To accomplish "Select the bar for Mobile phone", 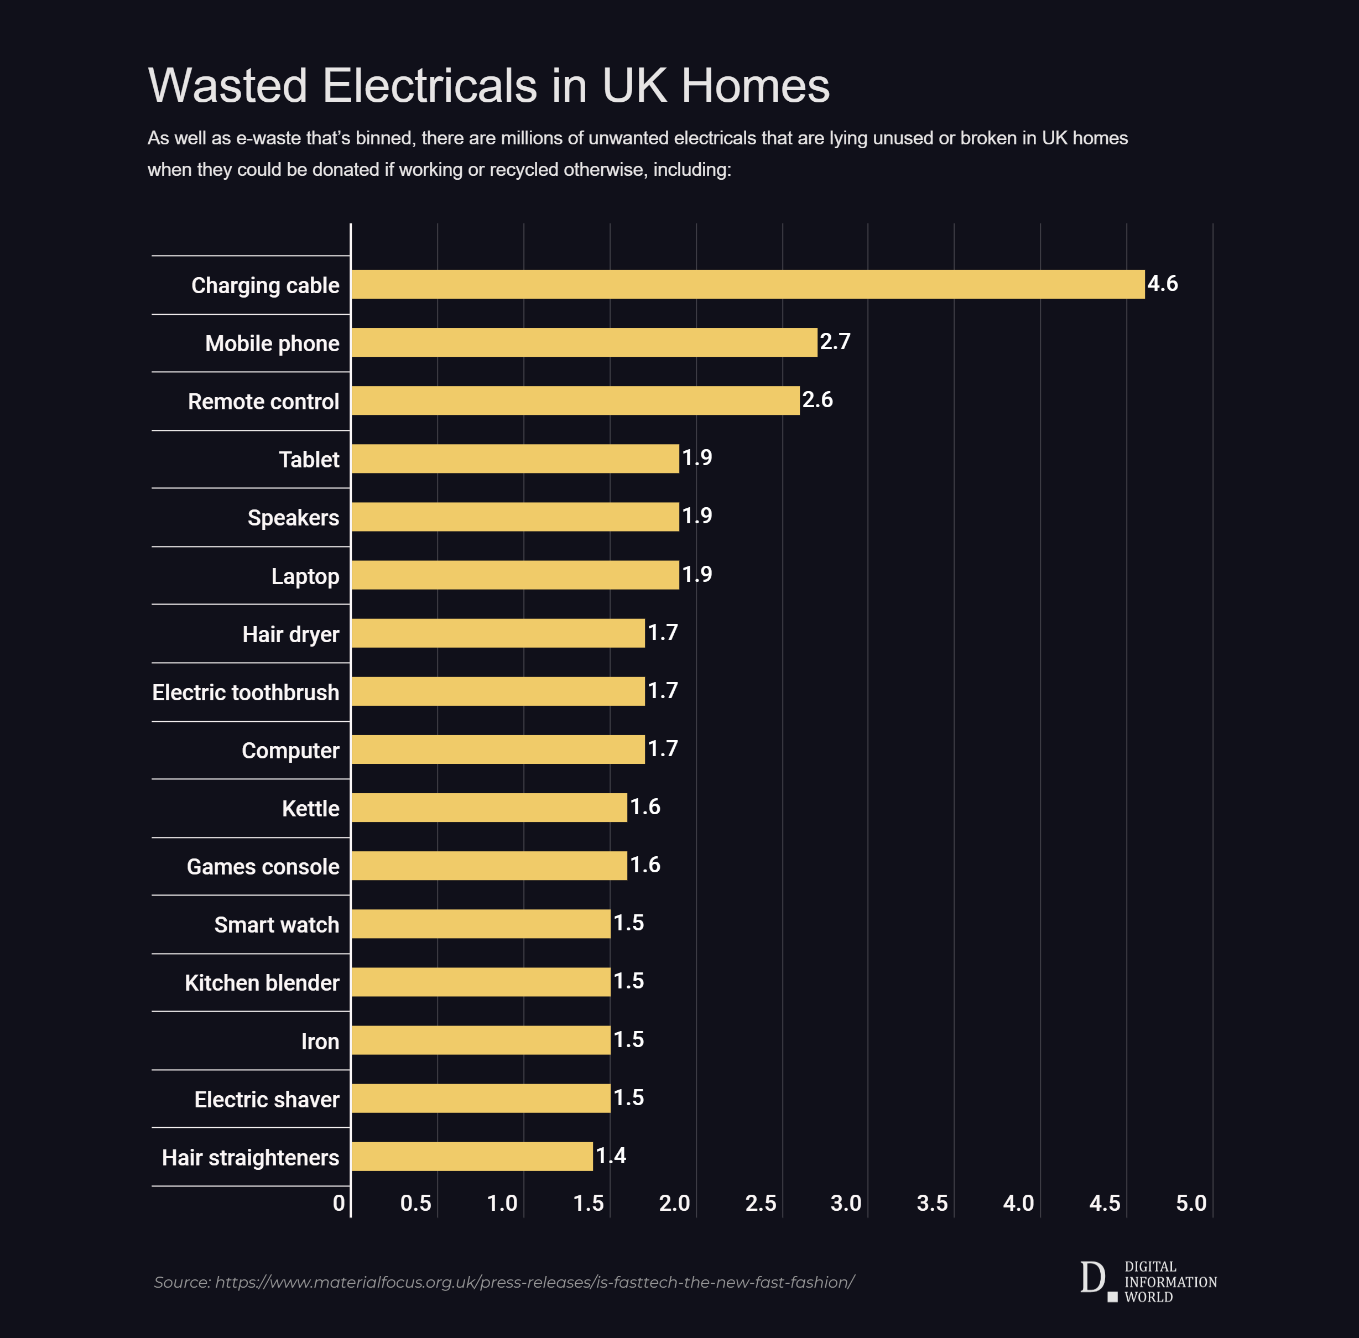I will [x=584, y=342].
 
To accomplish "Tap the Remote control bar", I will [x=575, y=400].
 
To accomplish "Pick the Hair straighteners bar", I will [x=471, y=1156].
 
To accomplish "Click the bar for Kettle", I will [x=489, y=808].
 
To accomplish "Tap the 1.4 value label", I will [x=611, y=1155].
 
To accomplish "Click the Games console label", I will [x=263, y=867].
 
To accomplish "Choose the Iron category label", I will [x=320, y=1041].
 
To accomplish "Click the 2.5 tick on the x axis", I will [x=761, y=1203].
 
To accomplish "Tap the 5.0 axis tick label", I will [x=1191, y=1203].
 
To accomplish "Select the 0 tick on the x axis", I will [x=339, y=1203].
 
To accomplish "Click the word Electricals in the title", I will [x=429, y=86].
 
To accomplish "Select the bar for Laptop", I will [x=515, y=575].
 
